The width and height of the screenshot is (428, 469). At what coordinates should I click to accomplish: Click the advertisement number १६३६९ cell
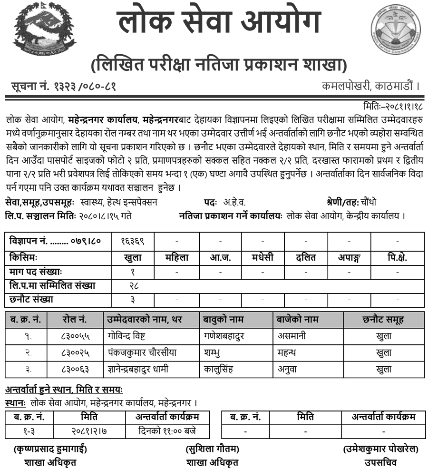pos(133,241)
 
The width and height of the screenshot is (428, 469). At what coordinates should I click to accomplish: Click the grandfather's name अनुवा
pos(290,369)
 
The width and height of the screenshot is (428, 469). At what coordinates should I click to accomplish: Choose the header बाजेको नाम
pos(298,319)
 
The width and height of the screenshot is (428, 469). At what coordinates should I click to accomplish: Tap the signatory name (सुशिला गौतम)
pos(212,449)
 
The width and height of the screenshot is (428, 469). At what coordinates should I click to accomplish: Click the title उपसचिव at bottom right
pos(380,462)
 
